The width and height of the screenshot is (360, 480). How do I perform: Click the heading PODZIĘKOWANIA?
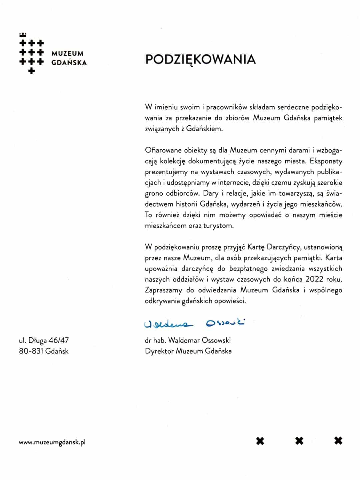tap(200, 59)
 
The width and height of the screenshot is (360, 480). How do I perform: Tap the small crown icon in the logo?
tap(23, 34)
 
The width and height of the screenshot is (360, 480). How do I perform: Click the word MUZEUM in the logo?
tap(68, 53)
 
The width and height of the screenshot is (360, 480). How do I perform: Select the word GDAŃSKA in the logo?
tap(69, 62)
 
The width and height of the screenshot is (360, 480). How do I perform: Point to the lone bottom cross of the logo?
tap(31, 71)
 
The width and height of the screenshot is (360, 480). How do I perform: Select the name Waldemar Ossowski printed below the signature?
tap(199, 340)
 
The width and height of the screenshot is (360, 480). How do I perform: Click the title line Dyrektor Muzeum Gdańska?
tap(188, 351)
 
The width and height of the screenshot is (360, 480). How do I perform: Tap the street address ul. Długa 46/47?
tap(44, 340)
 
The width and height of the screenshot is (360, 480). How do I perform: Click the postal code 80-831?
tap(31, 351)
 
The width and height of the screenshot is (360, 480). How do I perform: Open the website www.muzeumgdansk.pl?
tap(52, 442)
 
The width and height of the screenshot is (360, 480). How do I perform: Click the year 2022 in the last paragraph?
tap(315, 279)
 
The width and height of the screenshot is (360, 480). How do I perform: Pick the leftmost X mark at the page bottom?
tap(260, 441)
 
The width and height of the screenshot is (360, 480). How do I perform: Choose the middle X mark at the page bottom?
tap(299, 441)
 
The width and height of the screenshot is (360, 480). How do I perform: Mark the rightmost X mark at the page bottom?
tap(338, 441)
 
